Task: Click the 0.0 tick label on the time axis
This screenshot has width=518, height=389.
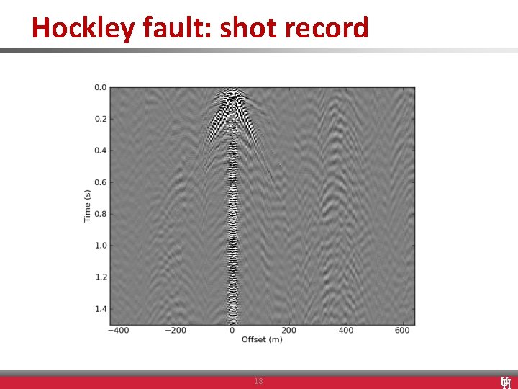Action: click(x=100, y=88)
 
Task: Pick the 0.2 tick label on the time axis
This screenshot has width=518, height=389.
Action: click(x=100, y=119)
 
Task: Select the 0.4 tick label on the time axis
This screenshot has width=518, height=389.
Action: click(x=100, y=151)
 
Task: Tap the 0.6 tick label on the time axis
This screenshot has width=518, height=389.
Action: click(x=100, y=182)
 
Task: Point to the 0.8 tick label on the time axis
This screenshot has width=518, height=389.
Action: click(x=100, y=214)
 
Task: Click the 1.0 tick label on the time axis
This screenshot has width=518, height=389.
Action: click(x=100, y=246)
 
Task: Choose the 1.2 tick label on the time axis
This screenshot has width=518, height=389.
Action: click(x=100, y=277)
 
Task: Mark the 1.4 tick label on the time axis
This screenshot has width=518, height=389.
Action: click(x=100, y=309)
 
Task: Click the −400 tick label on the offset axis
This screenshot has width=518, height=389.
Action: click(x=118, y=331)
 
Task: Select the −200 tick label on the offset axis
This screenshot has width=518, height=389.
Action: click(x=175, y=331)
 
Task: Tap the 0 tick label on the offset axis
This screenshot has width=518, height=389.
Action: click(x=232, y=331)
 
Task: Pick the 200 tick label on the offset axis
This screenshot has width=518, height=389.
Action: click(x=288, y=331)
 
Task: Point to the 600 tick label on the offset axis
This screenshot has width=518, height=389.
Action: click(x=403, y=331)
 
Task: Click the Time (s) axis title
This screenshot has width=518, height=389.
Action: click(x=87, y=205)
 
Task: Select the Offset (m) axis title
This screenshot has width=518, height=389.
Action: click(x=262, y=339)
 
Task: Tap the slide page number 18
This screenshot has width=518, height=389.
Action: click(x=258, y=381)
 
